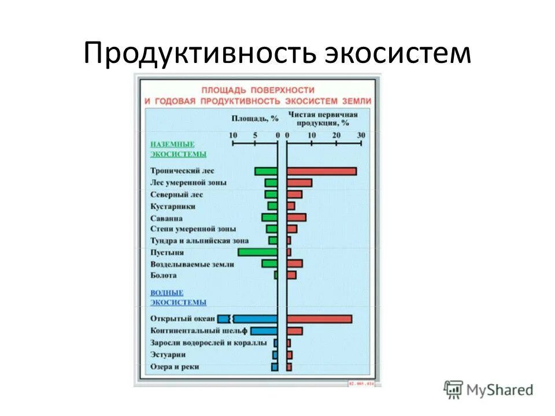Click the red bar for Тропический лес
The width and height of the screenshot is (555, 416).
coord(321,171)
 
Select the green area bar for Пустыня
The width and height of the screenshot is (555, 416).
coord(258,252)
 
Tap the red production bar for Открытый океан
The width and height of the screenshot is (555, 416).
coord(319,319)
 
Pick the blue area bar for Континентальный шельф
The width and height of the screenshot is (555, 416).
coord(264,331)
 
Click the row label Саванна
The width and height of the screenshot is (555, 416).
coord(166,218)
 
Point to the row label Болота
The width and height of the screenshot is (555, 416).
coord(164,275)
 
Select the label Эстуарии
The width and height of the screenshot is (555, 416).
coord(168,354)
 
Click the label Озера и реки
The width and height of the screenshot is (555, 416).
coord(175,367)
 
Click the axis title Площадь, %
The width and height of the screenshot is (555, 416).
coord(255,118)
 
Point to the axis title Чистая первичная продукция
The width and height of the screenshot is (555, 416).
coord(323,118)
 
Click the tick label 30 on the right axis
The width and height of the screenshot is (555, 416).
coord(361,135)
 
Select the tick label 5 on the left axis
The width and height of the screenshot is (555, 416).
coord(255,135)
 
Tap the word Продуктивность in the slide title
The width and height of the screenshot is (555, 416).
coord(199,53)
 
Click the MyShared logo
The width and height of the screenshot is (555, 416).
coord(489,390)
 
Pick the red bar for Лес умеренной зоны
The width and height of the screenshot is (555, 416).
coord(299,183)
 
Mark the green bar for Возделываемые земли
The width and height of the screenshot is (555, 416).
coord(269,263)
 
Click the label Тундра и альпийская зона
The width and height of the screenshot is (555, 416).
coord(199,240)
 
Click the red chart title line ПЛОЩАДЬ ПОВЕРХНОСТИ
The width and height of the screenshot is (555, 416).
coord(258,90)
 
